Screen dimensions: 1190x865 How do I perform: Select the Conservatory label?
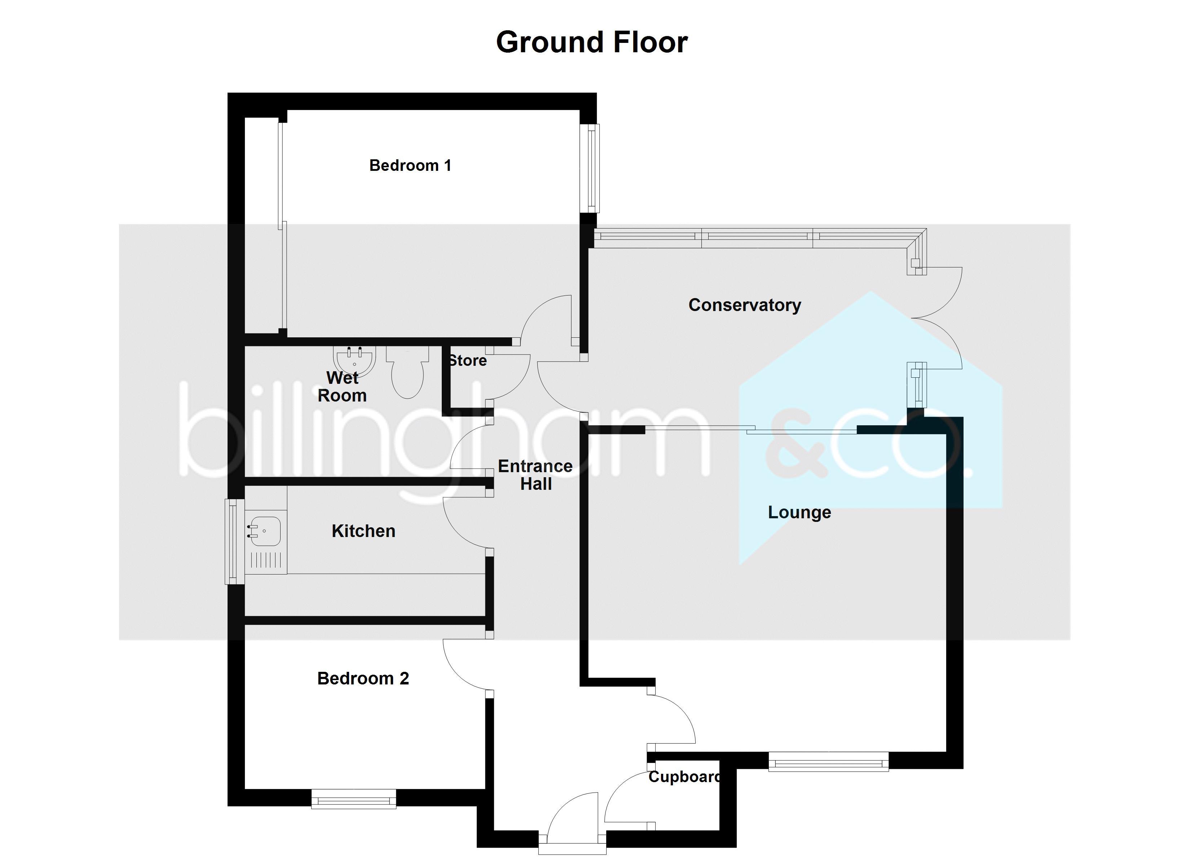(x=745, y=305)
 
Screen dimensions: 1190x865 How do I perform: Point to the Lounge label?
(x=799, y=513)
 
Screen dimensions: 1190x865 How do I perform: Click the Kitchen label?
(x=363, y=531)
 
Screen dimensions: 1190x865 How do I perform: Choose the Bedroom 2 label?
(x=363, y=678)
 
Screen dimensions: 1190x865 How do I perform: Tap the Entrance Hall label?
(x=535, y=475)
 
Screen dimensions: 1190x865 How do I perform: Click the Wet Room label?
(x=342, y=387)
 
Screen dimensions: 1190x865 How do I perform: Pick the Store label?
(x=467, y=360)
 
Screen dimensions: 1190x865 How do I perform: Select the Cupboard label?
(x=684, y=777)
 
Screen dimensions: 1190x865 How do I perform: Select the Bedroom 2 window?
(x=354, y=799)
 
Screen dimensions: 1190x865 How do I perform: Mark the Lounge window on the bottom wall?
(x=828, y=761)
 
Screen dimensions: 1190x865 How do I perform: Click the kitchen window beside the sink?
(x=234, y=541)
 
